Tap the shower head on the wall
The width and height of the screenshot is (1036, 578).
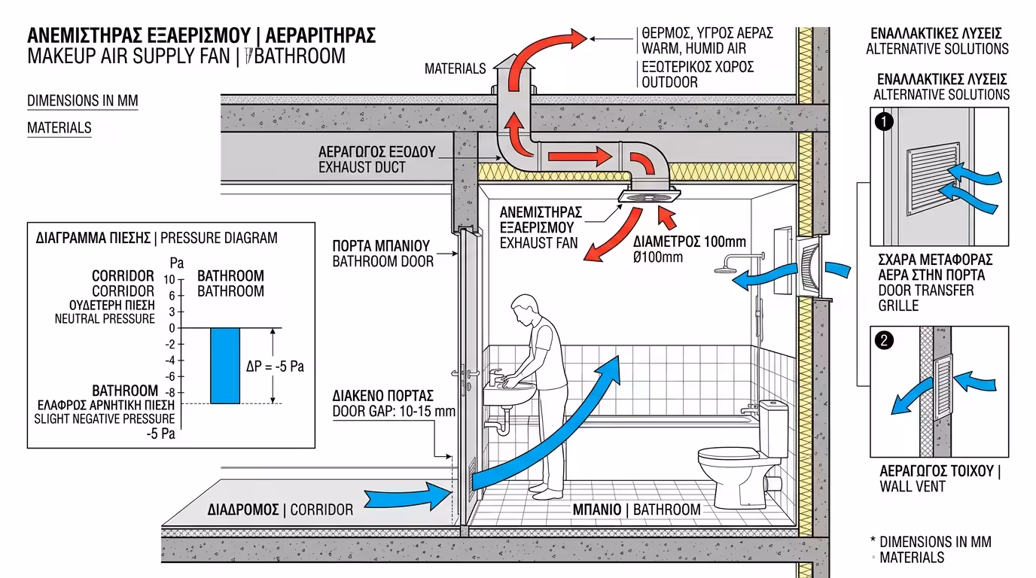(x=727, y=269)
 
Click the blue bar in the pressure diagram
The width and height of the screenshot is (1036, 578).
(x=224, y=365)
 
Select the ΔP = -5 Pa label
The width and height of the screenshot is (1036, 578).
(x=276, y=367)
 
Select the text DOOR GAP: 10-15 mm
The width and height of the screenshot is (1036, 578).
(x=394, y=412)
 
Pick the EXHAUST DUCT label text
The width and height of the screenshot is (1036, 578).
(x=362, y=167)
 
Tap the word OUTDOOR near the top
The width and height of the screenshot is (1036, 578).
(x=669, y=82)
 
